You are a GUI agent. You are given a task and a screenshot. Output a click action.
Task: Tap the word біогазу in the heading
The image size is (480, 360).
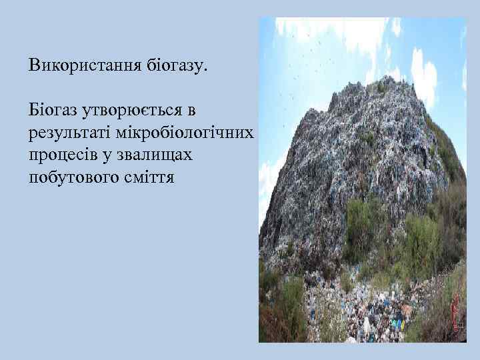point(177,65)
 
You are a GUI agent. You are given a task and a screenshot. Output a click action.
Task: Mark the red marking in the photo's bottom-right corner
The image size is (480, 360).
point(455,313)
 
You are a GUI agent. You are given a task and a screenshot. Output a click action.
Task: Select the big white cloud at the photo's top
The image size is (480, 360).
point(333,30)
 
